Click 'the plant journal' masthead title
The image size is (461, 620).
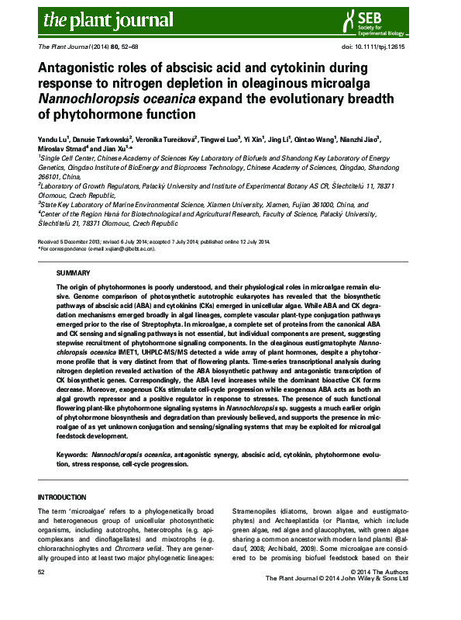pos(92,19)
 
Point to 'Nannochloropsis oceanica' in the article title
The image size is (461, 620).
pos(117,99)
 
